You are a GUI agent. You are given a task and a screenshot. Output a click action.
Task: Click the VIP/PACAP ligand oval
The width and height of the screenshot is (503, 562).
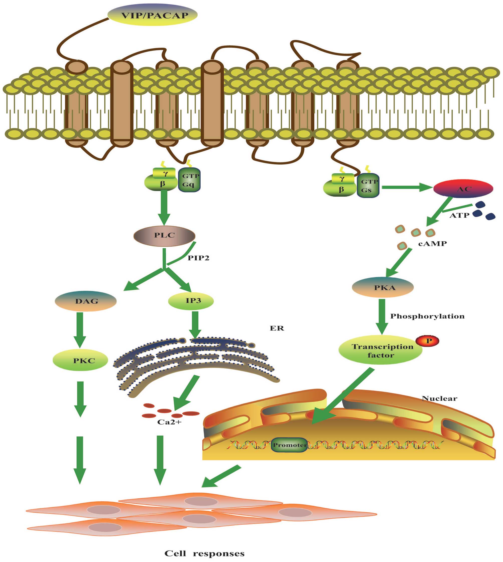pos(152,15)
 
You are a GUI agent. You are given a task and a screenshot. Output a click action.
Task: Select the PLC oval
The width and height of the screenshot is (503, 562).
pos(164,236)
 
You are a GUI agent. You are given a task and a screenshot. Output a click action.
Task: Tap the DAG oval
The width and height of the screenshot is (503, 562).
pos(86,301)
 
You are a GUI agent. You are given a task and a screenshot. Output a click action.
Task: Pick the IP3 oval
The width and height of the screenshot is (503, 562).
pos(191,301)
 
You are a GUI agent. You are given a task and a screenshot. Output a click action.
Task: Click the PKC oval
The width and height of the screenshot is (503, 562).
pos(80,360)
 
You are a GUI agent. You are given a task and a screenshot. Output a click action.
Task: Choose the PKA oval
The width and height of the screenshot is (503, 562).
pos(383,287)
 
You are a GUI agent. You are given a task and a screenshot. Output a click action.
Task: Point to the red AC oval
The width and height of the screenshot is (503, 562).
pos(463,189)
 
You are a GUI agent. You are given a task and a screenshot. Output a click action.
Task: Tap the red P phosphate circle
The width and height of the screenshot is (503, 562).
pos(428,340)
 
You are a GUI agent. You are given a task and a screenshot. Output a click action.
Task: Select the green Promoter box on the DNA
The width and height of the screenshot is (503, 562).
pos(289,445)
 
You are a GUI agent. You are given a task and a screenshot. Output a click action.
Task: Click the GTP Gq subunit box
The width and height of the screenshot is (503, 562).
pos(190,180)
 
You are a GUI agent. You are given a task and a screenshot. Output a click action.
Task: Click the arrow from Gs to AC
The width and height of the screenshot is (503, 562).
pos(406,187)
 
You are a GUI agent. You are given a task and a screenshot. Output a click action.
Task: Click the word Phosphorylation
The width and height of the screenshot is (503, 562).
pos(427,316)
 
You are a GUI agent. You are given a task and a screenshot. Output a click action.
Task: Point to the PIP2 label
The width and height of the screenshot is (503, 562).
pos(198,258)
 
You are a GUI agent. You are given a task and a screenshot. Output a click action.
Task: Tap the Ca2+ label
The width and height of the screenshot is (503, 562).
pos(169,422)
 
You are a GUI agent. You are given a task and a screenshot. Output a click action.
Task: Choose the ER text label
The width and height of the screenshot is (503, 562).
pos(277,328)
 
